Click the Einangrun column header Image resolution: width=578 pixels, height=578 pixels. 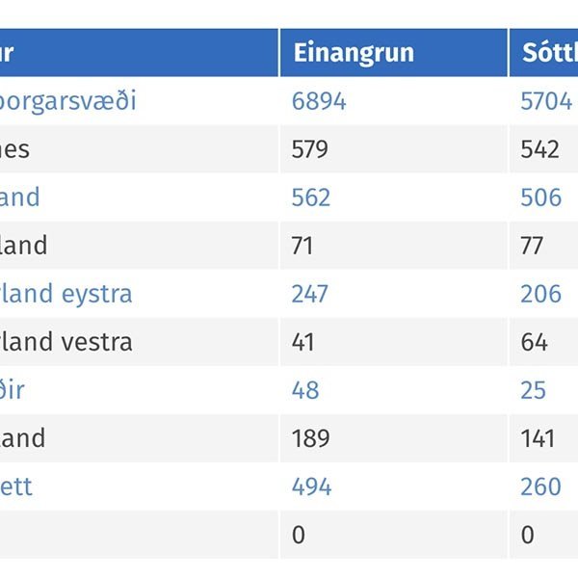[353, 53]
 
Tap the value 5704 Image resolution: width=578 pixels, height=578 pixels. [546, 101]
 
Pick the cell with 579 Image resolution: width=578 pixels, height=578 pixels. [309, 149]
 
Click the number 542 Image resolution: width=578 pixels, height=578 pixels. [539, 149]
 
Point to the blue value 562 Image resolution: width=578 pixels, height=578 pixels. [310, 197]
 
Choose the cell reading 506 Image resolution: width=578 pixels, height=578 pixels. [540, 197]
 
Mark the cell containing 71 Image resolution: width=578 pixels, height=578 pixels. [303, 246]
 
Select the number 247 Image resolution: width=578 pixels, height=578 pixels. [309, 294]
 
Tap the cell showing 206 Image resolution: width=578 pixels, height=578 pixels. [540, 294]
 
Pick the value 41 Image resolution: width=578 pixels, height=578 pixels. [303, 342]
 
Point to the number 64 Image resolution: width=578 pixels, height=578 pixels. [534, 342]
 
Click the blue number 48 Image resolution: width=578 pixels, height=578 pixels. [304, 390]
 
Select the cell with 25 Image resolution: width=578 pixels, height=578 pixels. [533, 390]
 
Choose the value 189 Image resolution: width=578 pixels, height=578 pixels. [309, 438]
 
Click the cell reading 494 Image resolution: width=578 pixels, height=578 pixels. [311, 486]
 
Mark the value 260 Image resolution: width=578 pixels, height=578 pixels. [540, 486]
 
